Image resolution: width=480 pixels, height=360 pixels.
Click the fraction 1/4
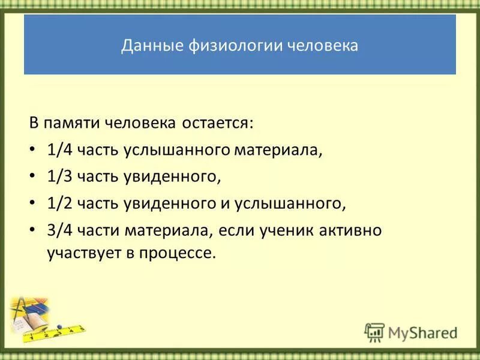click(x=59, y=150)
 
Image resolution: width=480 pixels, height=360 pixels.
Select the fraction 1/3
click(x=59, y=177)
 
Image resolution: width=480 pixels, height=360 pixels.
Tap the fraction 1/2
click(x=59, y=204)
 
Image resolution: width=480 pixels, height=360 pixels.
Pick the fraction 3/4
click(x=59, y=231)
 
